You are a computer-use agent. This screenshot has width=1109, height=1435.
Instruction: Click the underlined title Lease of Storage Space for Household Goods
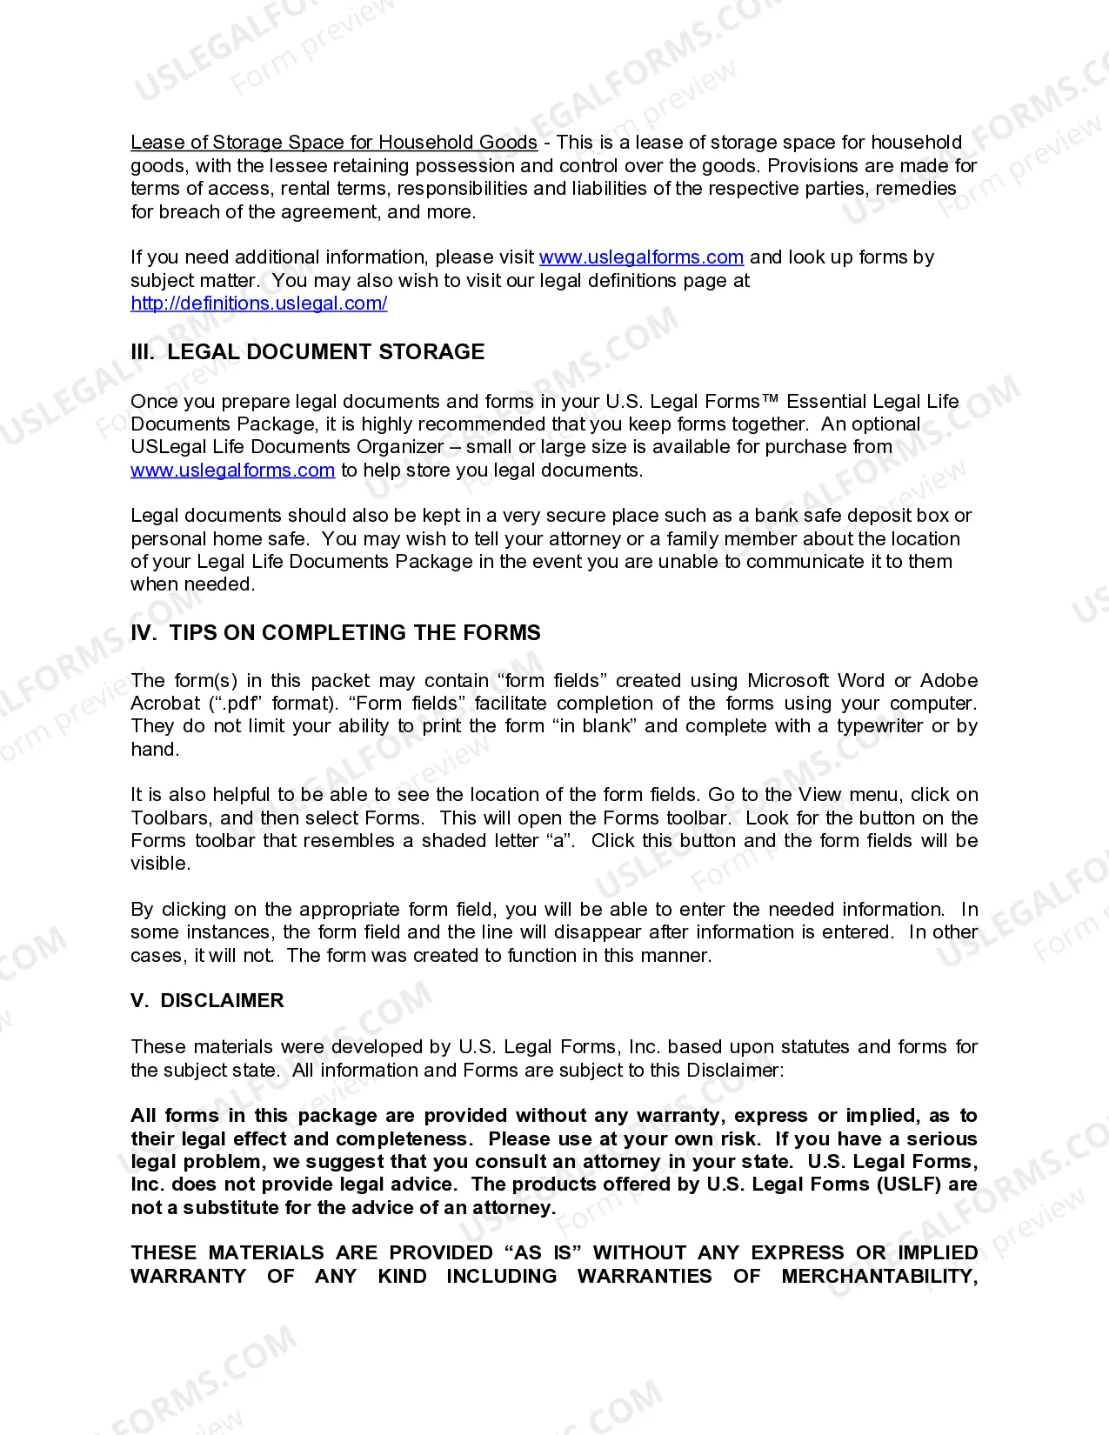pos(333,142)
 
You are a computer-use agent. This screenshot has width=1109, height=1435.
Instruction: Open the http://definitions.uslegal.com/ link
pos(258,304)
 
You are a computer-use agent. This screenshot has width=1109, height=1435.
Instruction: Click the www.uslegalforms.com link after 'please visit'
pos(641,257)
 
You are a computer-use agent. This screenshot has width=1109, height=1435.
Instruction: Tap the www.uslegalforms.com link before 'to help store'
pos(232,471)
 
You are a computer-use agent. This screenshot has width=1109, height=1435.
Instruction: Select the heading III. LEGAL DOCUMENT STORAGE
pos(307,352)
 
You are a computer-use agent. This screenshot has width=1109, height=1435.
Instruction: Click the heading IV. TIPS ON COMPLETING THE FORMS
pos(335,633)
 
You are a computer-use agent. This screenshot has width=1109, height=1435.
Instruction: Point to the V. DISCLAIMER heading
pos(207,1001)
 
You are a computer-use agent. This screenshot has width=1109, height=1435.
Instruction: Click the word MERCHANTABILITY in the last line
pos(879,1277)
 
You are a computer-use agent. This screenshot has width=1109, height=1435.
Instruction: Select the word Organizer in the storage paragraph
pos(403,447)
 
